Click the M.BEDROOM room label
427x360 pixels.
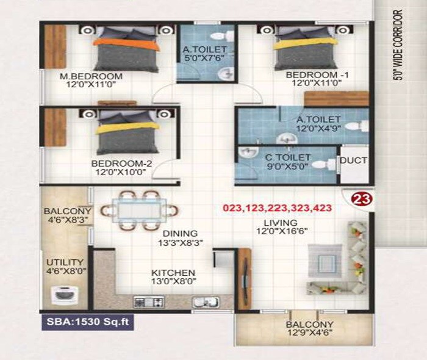(x=91, y=76)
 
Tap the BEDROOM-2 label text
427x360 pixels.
(x=121, y=164)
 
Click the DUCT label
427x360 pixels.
(x=354, y=161)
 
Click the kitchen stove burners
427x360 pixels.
(x=146, y=301)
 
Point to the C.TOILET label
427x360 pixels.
(x=288, y=157)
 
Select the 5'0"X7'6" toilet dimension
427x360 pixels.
(x=205, y=59)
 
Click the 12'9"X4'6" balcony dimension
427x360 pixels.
(x=310, y=333)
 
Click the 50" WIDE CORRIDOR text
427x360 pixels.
(x=399, y=46)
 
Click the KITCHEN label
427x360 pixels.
(x=174, y=273)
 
